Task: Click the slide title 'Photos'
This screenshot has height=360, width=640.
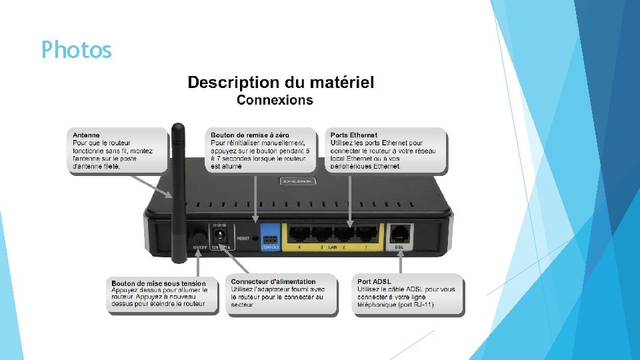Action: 76,49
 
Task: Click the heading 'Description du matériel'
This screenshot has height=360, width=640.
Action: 281,83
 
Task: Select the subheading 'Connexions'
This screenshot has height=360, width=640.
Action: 274,101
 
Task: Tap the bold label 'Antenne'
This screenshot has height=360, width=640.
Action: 87,135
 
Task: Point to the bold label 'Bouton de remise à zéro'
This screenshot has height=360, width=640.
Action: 249,135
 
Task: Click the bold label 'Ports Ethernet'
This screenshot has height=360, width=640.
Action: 354,135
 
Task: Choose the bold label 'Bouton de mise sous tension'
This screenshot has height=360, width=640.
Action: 159,283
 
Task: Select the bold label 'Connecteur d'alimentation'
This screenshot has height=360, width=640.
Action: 273,282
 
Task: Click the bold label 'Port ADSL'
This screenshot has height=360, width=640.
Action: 374,282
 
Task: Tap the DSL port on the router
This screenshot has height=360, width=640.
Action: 399,233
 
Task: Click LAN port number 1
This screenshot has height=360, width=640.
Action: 365,234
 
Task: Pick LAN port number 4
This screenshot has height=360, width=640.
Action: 299,234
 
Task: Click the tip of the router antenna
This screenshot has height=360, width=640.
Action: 177,125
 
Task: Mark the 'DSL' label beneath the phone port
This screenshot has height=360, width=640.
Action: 399,247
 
